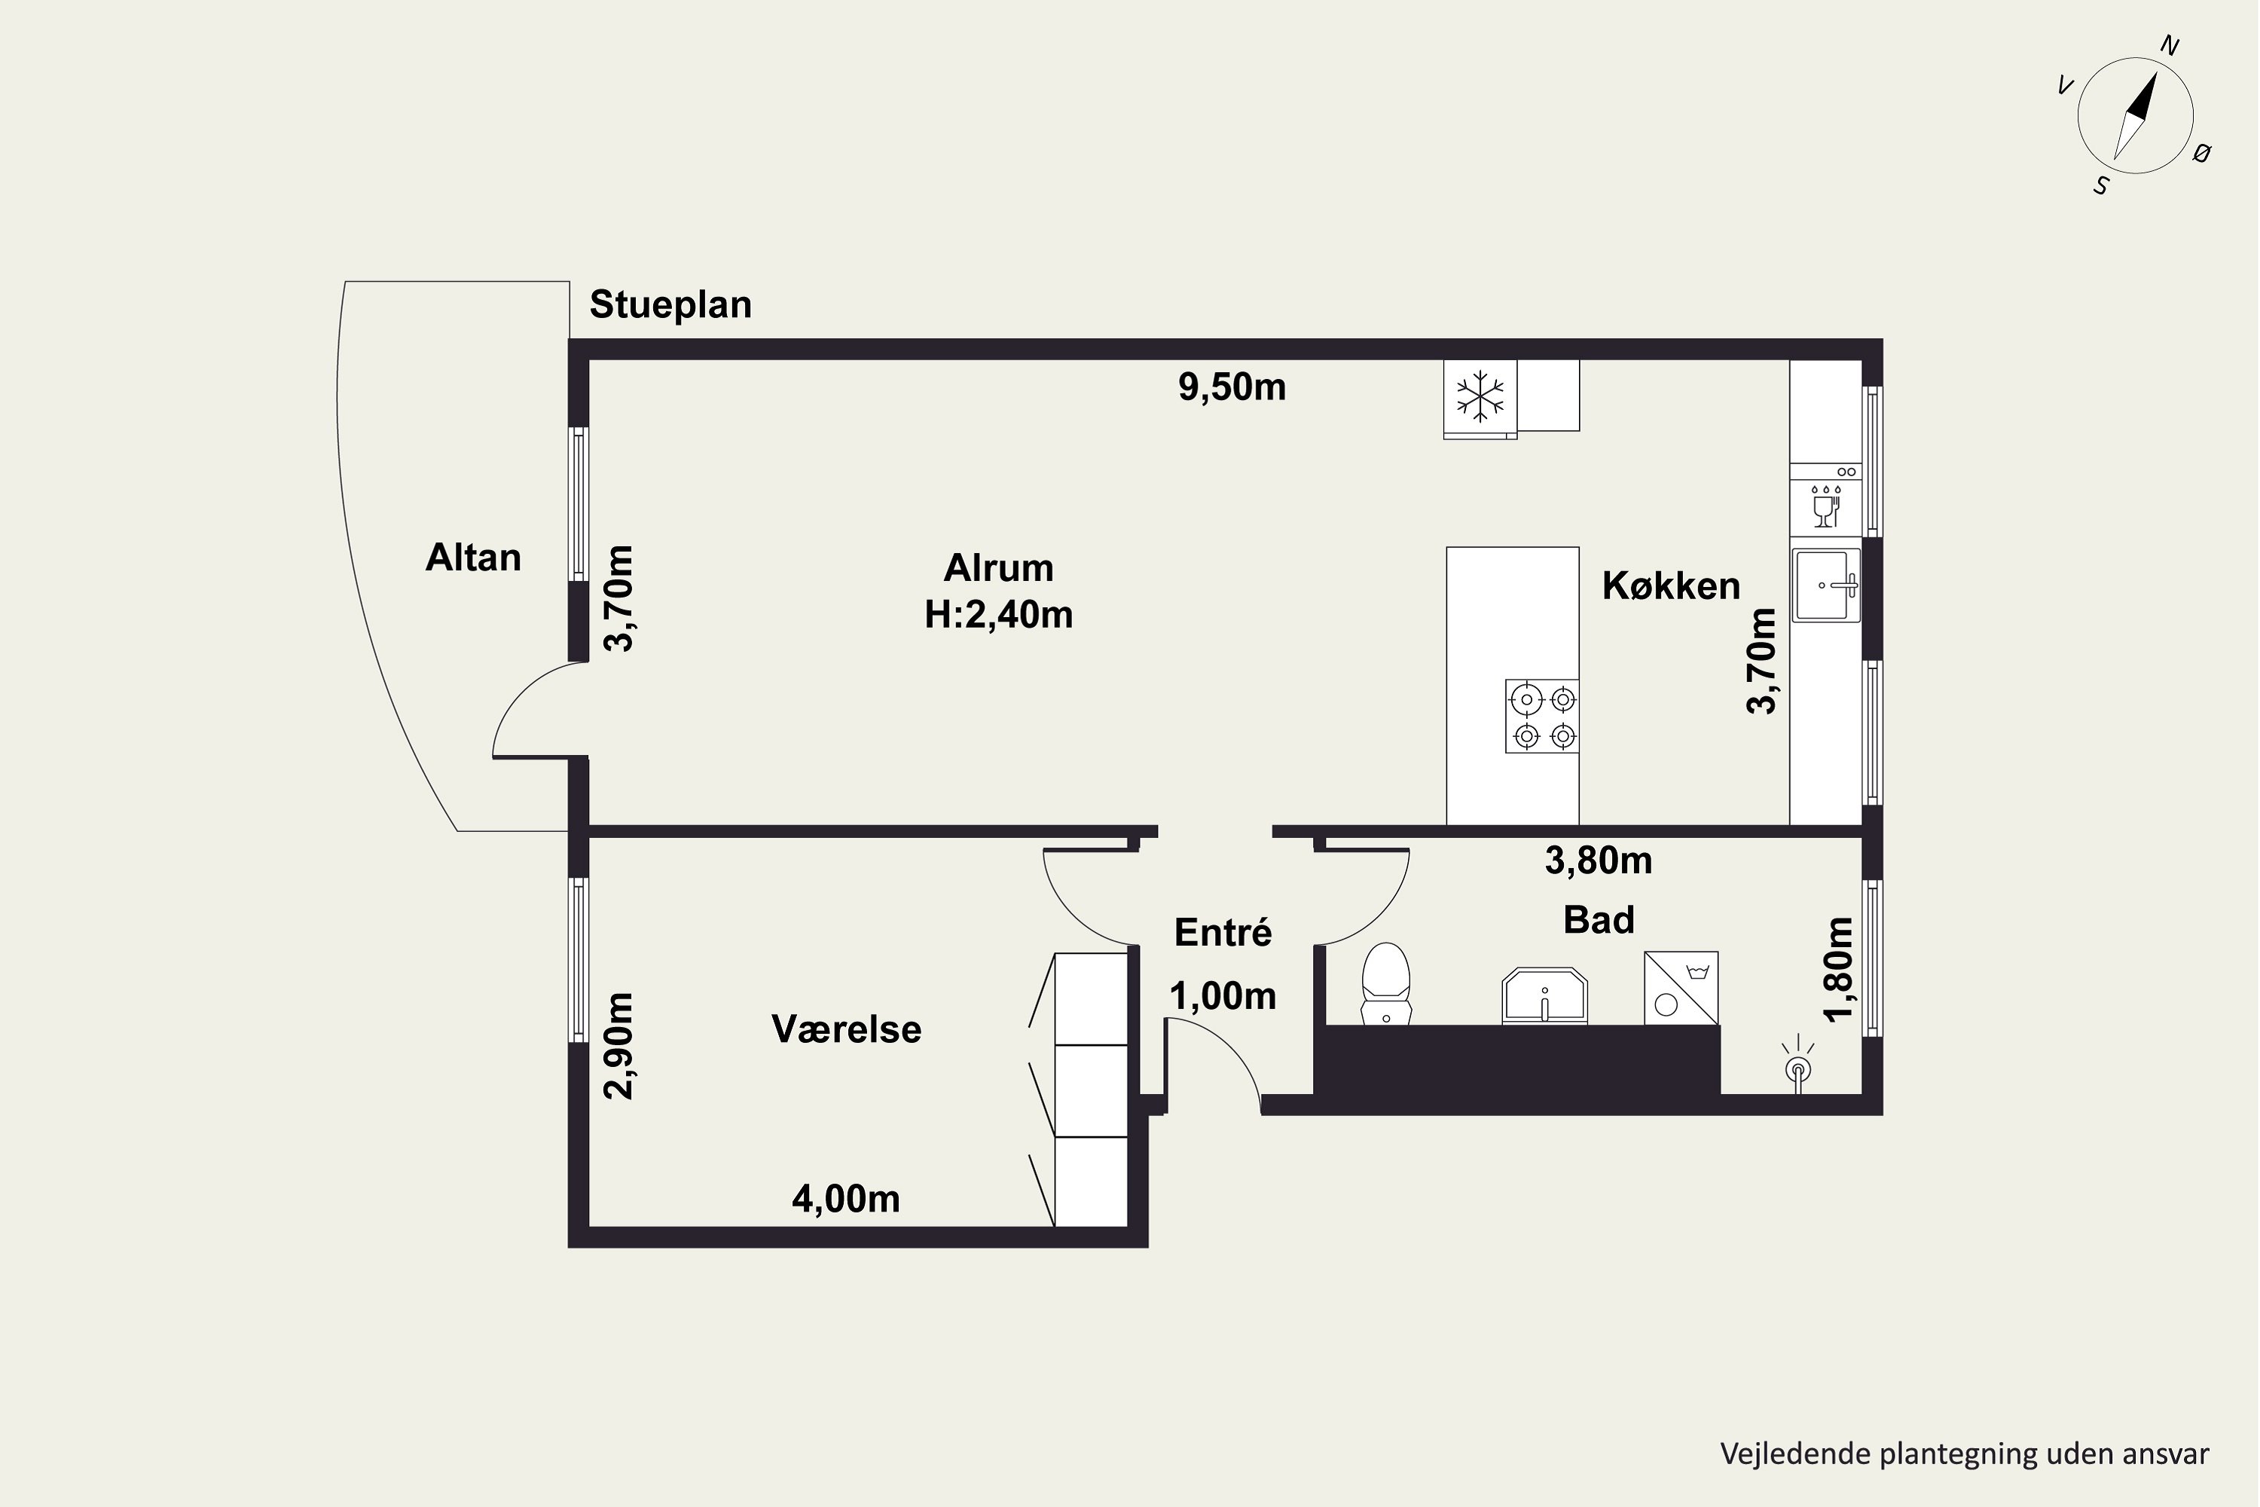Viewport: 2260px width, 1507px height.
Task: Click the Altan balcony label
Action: pos(473,558)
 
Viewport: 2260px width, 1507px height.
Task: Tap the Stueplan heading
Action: pos(670,304)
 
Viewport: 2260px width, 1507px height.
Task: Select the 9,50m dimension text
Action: pos(1232,387)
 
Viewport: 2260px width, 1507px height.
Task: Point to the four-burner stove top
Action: pos(1542,716)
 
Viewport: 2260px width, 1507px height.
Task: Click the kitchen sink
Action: pos(1825,585)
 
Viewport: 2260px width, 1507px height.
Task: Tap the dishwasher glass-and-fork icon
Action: pos(1825,506)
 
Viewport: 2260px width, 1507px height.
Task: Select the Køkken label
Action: pos(1671,586)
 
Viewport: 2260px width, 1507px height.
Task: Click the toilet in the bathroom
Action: pos(1385,983)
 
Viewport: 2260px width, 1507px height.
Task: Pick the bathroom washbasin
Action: pos(1544,995)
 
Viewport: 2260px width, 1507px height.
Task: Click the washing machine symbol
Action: pos(1681,988)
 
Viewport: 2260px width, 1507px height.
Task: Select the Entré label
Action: pos(1223,932)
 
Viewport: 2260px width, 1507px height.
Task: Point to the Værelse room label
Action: pos(847,1029)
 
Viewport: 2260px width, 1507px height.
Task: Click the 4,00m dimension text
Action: pos(845,1199)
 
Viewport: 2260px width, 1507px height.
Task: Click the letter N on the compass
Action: pos(2170,45)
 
